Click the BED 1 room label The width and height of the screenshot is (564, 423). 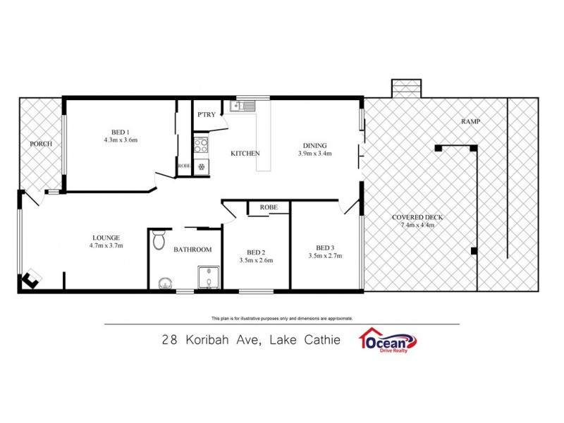119,131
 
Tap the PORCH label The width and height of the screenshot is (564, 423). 41,144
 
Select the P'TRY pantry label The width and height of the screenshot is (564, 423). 207,114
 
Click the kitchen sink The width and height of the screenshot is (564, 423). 243,107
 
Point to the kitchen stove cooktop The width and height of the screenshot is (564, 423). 202,146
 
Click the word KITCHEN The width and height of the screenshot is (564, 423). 246,153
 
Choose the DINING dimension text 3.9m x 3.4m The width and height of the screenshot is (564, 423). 314,153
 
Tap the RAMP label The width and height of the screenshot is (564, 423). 471,122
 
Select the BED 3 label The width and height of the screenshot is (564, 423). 325,247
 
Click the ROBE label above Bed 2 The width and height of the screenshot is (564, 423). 268,207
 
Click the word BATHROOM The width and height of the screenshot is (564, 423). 193,250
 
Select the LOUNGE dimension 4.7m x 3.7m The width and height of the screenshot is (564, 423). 106,245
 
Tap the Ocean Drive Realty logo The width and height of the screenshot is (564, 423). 387,340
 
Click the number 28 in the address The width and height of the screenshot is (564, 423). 169,340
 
